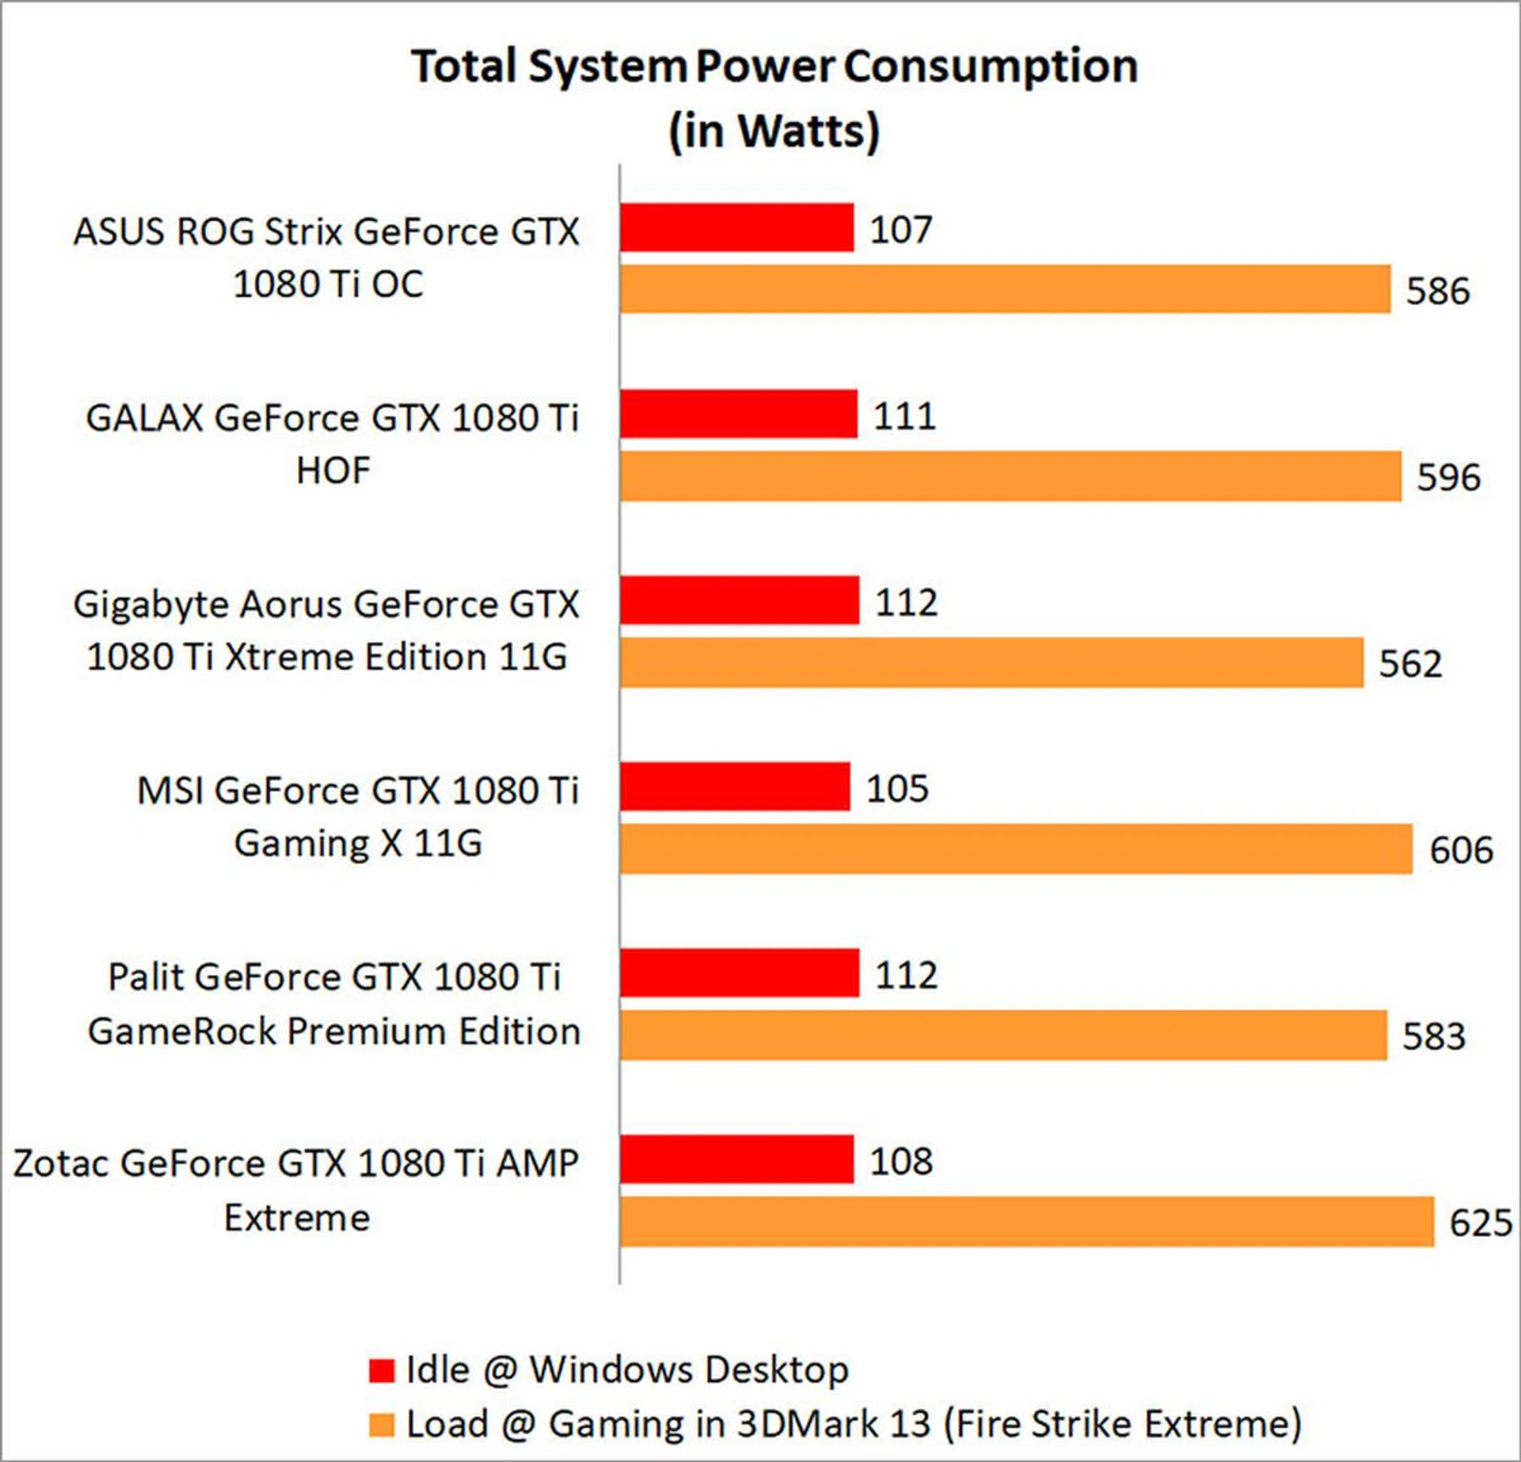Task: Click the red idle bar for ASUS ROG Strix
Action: pyautogui.click(x=737, y=227)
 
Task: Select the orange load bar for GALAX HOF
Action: pyautogui.click(x=1010, y=476)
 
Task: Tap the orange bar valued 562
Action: pyautogui.click(x=991, y=662)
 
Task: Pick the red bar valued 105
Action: pyautogui.click(x=734, y=786)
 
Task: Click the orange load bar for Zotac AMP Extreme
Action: pyautogui.click(x=1027, y=1221)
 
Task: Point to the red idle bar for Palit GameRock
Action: pyautogui.click(x=739, y=972)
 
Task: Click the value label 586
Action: pyautogui.click(x=1438, y=291)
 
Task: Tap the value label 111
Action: pyautogui.click(x=904, y=415)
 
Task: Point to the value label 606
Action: pyautogui.click(x=1461, y=849)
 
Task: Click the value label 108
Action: pyautogui.click(x=901, y=1161)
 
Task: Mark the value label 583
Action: pyautogui.click(x=1434, y=1036)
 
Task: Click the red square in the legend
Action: pyautogui.click(x=381, y=1370)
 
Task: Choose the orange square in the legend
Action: pyautogui.click(x=381, y=1425)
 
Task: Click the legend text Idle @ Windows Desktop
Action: pyautogui.click(x=627, y=1369)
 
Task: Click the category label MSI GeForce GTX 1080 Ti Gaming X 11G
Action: pyautogui.click(x=357, y=816)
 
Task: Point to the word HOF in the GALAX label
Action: pyautogui.click(x=333, y=471)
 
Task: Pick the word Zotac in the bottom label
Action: pyautogui.click(x=60, y=1163)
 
